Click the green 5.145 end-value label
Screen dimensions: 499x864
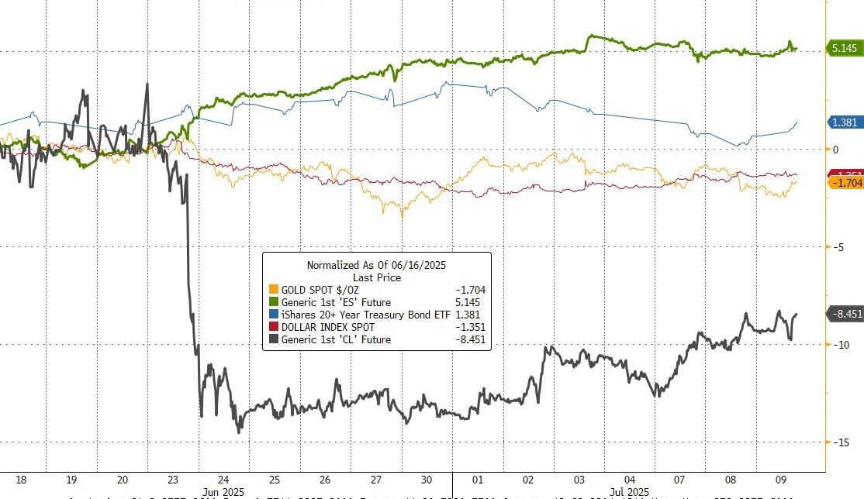(845, 48)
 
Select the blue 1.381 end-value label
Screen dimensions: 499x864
(845, 122)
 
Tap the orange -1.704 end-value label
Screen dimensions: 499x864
(845, 183)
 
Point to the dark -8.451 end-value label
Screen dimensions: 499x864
(845, 314)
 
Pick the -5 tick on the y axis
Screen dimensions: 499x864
(836, 246)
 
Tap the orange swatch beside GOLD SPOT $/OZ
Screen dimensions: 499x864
(272, 290)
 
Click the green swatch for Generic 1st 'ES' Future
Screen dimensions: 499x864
(272, 302)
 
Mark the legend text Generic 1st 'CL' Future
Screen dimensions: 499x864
(336, 339)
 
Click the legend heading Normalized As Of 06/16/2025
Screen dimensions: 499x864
(376, 265)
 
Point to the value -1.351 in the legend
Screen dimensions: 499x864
(469, 327)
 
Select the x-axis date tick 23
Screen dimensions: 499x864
(173, 478)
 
